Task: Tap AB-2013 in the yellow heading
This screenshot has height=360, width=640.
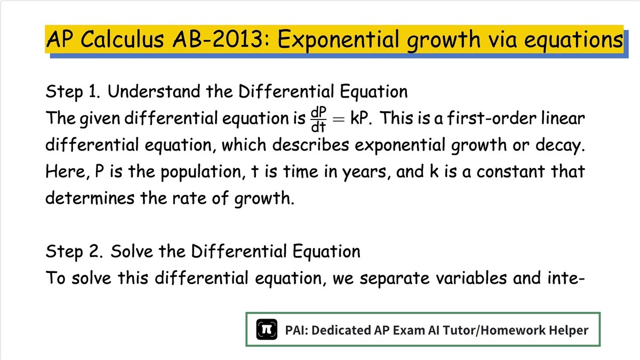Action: click(x=217, y=39)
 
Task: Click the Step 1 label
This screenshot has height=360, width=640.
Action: click(x=73, y=92)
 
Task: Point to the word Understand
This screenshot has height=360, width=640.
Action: click(x=154, y=91)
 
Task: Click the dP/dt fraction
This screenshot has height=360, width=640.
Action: click(x=318, y=119)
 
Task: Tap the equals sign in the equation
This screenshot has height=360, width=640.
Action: click(x=339, y=119)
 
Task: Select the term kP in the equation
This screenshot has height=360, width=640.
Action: click(x=359, y=118)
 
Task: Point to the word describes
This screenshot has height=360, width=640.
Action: click(x=310, y=145)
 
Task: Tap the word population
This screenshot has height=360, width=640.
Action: click(x=201, y=172)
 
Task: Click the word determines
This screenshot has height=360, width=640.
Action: click(x=90, y=198)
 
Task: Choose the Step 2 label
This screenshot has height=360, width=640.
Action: click(x=74, y=252)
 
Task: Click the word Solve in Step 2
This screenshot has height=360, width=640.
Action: click(x=132, y=251)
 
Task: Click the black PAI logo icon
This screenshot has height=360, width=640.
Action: click(x=267, y=330)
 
